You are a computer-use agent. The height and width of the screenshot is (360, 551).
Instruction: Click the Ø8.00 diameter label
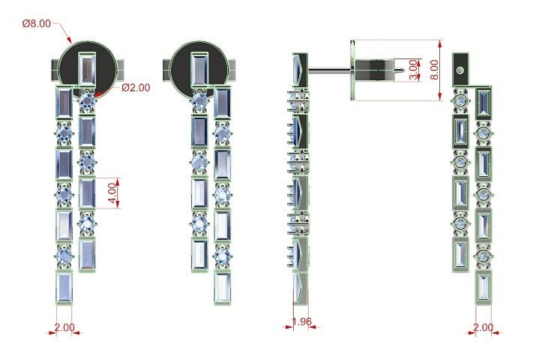tap(37, 23)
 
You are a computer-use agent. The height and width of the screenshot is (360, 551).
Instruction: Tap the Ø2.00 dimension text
tap(136, 88)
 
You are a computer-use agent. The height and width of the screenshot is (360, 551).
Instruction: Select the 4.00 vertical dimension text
tap(112, 193)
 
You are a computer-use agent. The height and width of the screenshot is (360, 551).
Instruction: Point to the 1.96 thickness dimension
tap(301, 321)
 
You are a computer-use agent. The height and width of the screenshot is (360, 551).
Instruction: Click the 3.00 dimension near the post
tap(414, 70)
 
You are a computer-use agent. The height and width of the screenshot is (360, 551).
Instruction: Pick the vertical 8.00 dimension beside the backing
tap(434, 70)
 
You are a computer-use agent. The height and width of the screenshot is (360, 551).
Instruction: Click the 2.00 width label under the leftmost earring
tap(64, 327)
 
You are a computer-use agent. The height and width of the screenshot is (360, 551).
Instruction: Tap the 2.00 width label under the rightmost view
tap(484, 327)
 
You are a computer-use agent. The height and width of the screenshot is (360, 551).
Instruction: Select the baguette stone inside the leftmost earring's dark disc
tap(86, 69)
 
